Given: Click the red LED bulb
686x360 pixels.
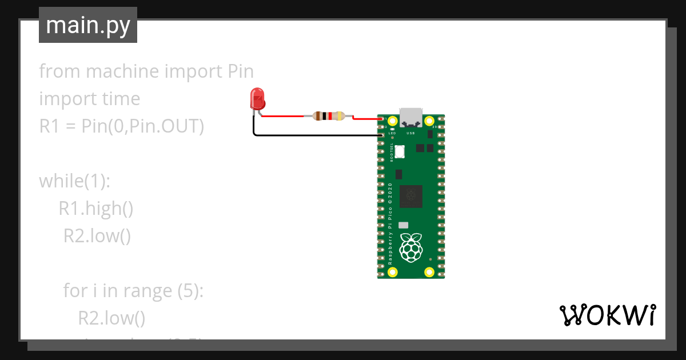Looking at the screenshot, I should click(257, 99).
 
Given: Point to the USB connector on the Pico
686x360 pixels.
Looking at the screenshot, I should click(410, 117).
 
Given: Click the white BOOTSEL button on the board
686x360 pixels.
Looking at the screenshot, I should click(400, 151).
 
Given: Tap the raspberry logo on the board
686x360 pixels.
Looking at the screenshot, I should click(410, 247).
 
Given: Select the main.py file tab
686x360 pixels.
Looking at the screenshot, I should click(88, 25).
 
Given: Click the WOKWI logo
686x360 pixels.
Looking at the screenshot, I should click(607, 315).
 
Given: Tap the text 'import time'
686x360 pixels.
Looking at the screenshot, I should click(89, 99).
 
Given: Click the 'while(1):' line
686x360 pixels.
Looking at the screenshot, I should click(74, 181).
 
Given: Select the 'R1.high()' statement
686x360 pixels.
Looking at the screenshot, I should click(96, 209).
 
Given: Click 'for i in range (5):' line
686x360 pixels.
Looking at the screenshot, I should click(133, 291).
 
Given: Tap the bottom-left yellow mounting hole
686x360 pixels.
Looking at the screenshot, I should click(392, 272).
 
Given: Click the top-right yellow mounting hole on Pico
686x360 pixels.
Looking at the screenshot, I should click(429, 121).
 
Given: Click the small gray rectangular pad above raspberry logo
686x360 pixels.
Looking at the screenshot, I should click(403, 225).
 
